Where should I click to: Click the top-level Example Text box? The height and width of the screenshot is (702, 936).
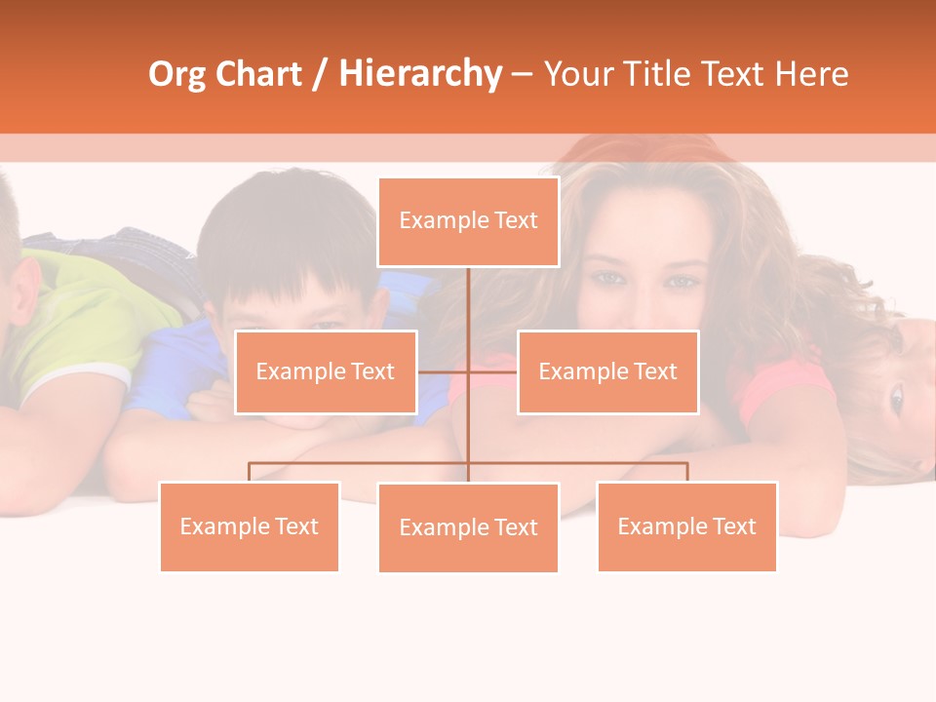coord(468,221)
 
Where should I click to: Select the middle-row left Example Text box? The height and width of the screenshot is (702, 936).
coord(326,372)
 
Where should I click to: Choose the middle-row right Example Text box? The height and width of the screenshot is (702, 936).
coord(607,372)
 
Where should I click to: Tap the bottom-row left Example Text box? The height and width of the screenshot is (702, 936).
coord(249,527)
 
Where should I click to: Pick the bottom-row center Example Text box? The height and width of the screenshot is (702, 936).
coord(468,528)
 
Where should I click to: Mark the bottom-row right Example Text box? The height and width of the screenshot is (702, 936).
coord(686,527)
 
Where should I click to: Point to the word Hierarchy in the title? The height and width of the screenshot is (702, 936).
coord(419,74)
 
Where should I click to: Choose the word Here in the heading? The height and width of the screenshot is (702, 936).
coord(811,74)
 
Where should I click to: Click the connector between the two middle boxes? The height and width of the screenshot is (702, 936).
coord(468,371)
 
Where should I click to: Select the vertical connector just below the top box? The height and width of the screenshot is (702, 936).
coord(468,292)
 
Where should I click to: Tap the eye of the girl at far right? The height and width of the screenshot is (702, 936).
coord(896,398)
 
